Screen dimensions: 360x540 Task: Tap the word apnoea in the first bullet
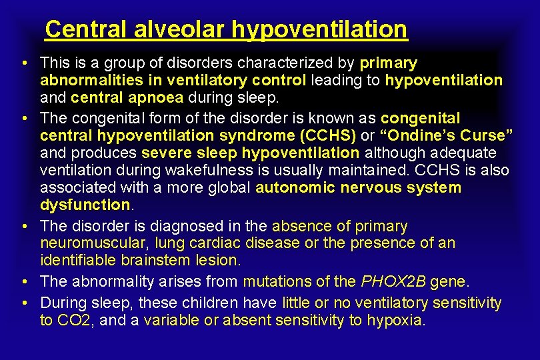click(162, 98)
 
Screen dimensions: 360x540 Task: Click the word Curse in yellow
click(486, 135)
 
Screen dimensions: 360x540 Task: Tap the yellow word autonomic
click(295, 188)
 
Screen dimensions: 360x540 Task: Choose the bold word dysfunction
click(84, 205)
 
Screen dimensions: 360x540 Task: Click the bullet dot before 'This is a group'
click(23, 64)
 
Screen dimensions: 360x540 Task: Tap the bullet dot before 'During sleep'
click(23, 303)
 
